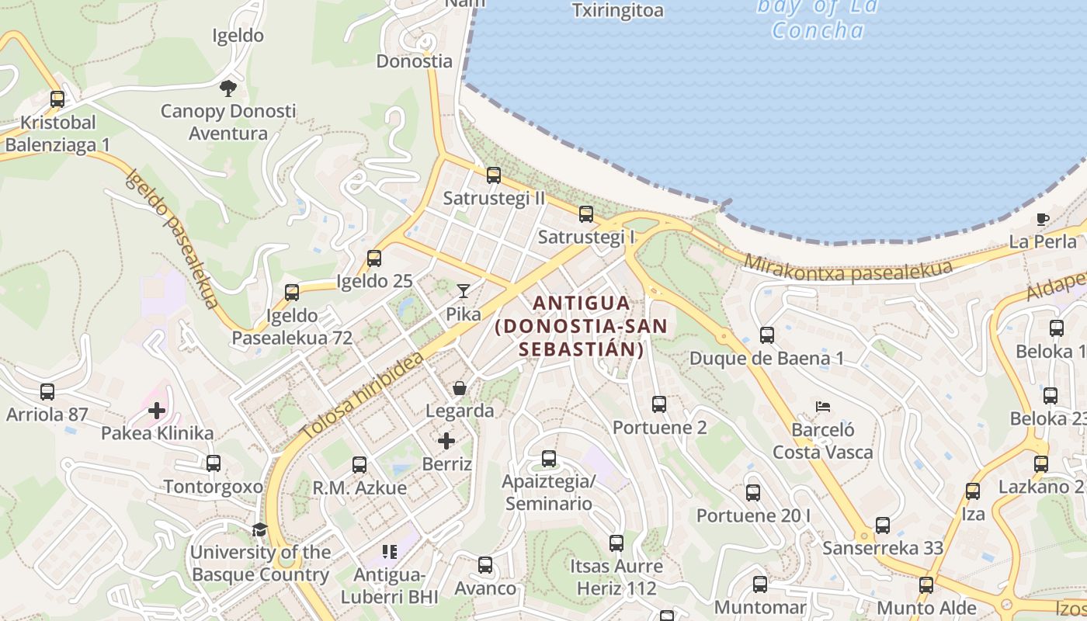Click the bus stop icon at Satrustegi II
(494, 175)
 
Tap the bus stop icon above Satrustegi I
(586, 214)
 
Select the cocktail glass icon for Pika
(464, 291)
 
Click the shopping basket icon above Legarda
(460, 387)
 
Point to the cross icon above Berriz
(446, 441)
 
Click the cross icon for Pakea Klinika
(157, 410)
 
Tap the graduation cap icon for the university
(259, 529)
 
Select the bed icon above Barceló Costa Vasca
(823, 407)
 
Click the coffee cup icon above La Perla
(1043, 219)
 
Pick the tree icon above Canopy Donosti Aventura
(227, 88)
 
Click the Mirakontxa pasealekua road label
(848, 265)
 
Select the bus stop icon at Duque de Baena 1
(767, 335)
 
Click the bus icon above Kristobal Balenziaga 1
(57, 99)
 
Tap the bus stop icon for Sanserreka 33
(883, 526)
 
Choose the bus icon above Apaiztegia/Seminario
(549, 459)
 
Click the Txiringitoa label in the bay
(618, 10)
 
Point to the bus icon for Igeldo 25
(374, 258)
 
